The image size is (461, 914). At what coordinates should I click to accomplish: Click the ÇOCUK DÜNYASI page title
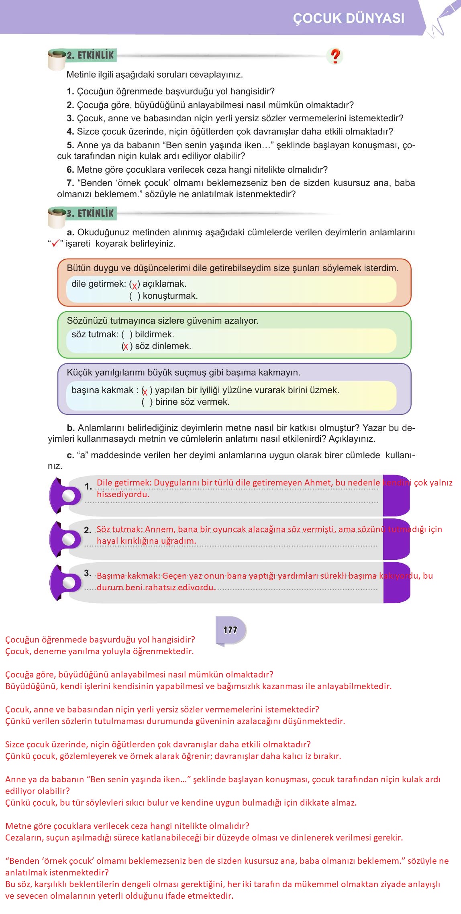pyautogui.click(x=349, y=18)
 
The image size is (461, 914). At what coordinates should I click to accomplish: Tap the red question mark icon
pyautogui.click(x=335, y=56)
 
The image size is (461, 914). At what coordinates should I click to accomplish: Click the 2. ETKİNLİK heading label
pyautogui.click(x=90, y=55)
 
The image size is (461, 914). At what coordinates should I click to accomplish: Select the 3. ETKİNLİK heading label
pyautogui.click(x=90, y=213)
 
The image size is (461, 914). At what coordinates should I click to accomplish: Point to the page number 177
pyautogui.click(x=230, y=630)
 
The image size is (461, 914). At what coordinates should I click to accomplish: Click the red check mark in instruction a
pyautogui.click(x=53, y=243)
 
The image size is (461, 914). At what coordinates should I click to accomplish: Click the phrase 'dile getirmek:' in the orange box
pyautogui.click(x=99, y=284)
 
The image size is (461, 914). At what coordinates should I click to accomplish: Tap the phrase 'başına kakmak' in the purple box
pyautogui.click(x=102, y=390)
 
